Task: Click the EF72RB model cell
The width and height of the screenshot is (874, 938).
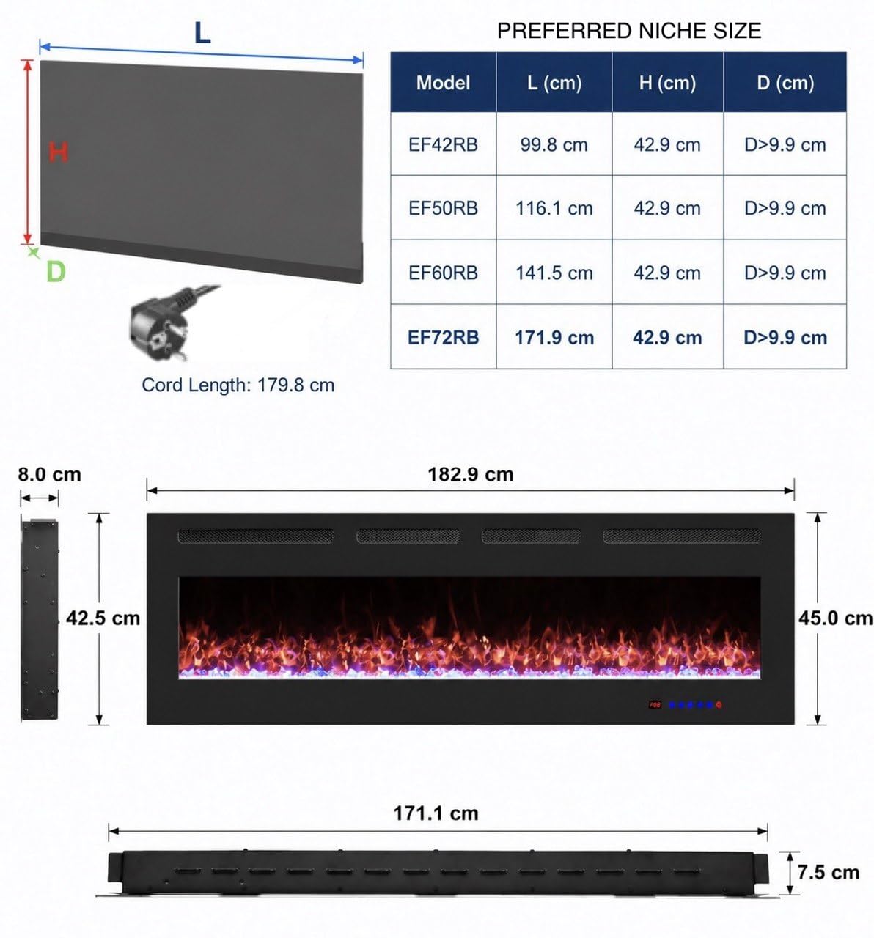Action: pyautogui.click(x=443, y=338)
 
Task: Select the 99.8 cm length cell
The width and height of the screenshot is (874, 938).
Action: pyautogui.click(x=554, y=145)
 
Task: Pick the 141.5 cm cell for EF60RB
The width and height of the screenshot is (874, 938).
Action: pyautogui.click(x=554, y=273)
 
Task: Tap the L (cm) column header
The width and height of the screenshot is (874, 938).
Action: pyautogui.click(x=554, y=83)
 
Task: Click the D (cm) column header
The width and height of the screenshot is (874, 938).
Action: pyautogui.click(x=785, y=83)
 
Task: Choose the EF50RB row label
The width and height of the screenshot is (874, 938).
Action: pyautogui.click(x=443, y=208)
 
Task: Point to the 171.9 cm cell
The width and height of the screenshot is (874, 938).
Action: pyautogui.click(x=554, y=338)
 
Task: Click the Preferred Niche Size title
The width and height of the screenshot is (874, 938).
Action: pyautogui.click(x=628, y=32)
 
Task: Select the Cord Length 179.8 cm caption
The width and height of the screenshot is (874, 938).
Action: pyautogui.click(x=238, y=385)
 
